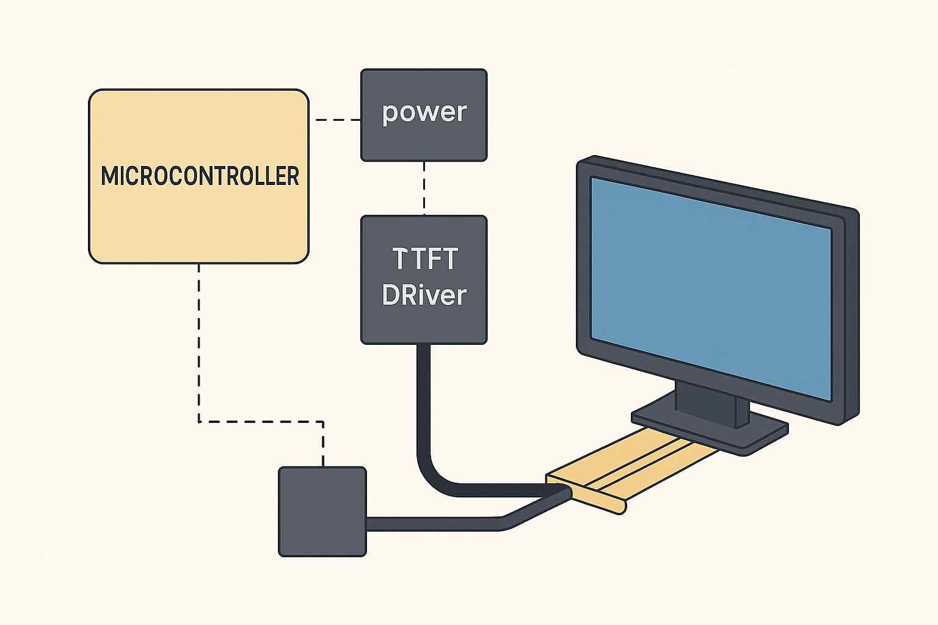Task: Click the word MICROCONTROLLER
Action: [200, 176]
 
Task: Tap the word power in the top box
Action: [424, 112]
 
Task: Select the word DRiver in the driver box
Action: [424, 295]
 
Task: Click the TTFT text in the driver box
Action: [424, 259]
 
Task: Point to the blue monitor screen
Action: [710, 287]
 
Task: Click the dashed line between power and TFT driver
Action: [424, 188]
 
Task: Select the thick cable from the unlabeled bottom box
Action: [440, 524]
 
